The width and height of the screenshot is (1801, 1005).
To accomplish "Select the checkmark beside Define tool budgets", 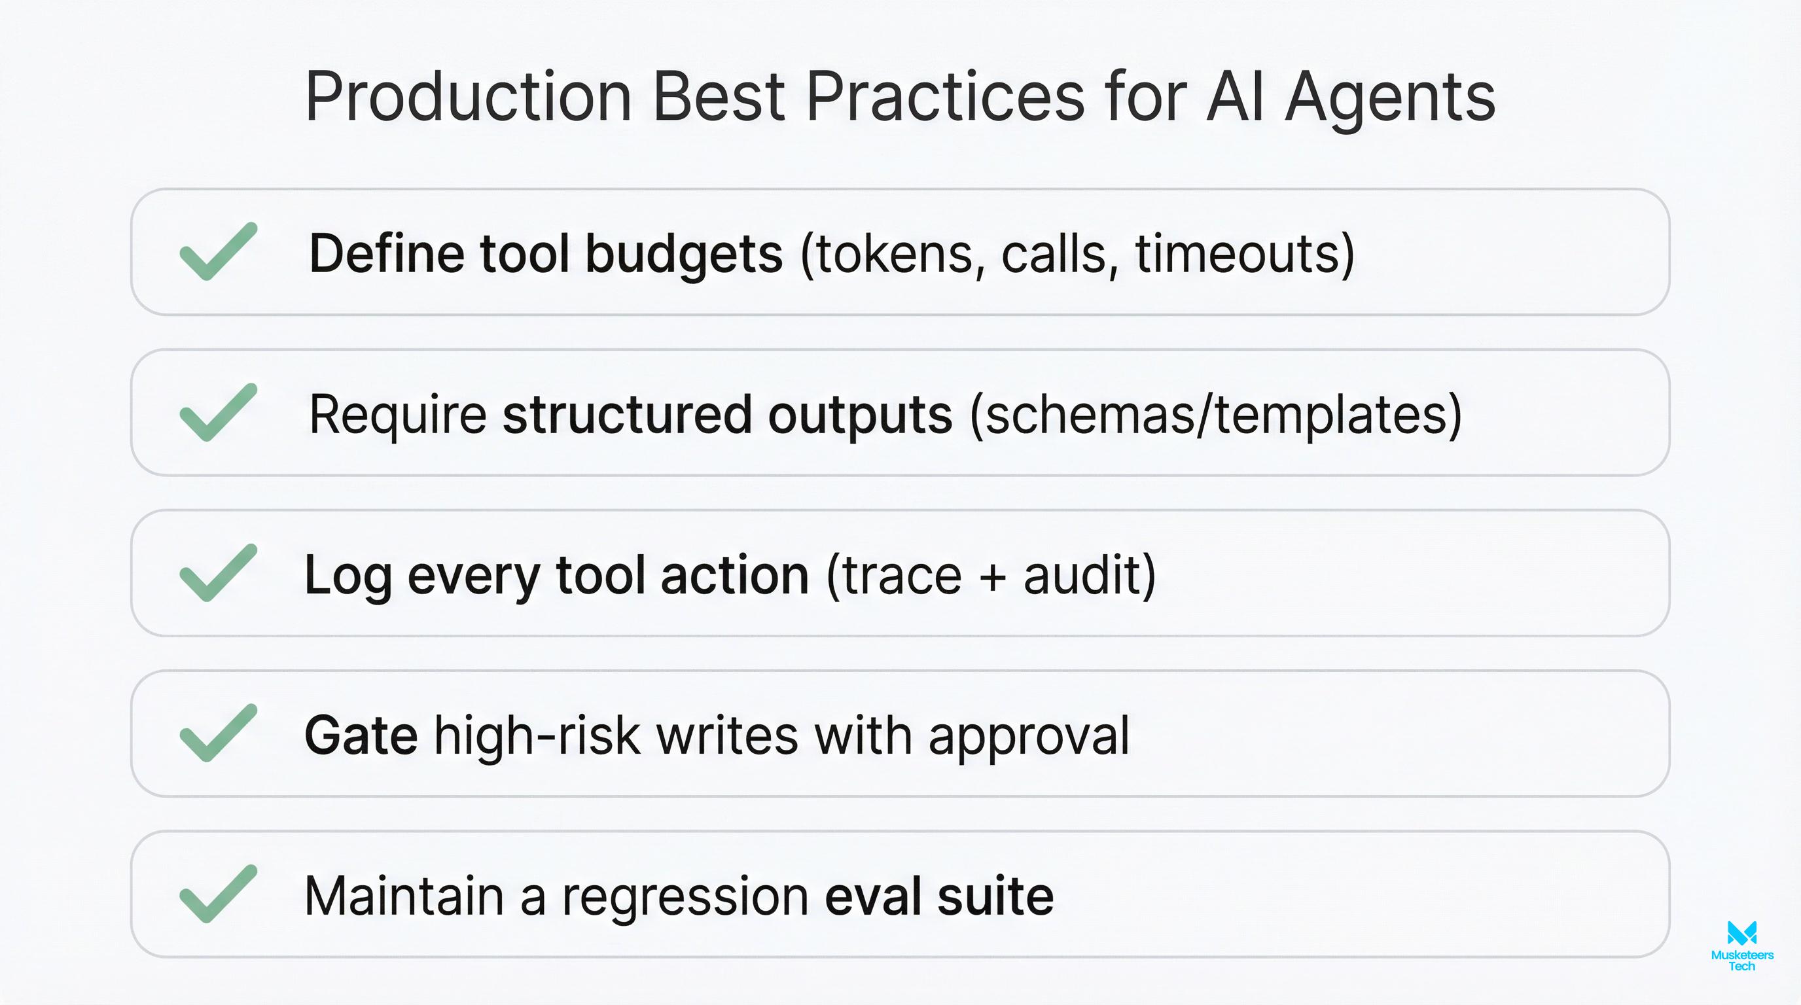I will [x=218, y=252].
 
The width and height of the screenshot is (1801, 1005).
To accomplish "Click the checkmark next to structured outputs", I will [x=218, y=412].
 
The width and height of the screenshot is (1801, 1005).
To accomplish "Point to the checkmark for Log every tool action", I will [x=218, y=573].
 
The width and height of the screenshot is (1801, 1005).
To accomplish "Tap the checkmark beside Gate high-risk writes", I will [x=218, y=733].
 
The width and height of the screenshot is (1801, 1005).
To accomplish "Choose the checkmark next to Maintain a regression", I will [x=218, y=894].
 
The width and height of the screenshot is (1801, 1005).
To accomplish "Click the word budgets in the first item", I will [x=684, y=253].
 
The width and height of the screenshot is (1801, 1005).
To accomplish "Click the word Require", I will [x=397, y=414].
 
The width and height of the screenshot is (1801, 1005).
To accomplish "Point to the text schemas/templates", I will [x=1215, y=414].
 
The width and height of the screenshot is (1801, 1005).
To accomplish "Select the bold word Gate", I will [x=361, y=735].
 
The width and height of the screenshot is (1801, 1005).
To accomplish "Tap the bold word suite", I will [x=995, y=896].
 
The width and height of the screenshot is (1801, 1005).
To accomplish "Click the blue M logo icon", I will [x=1741, y=933].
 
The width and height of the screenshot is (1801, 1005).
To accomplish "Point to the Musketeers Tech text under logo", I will [x=1741, y=961].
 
